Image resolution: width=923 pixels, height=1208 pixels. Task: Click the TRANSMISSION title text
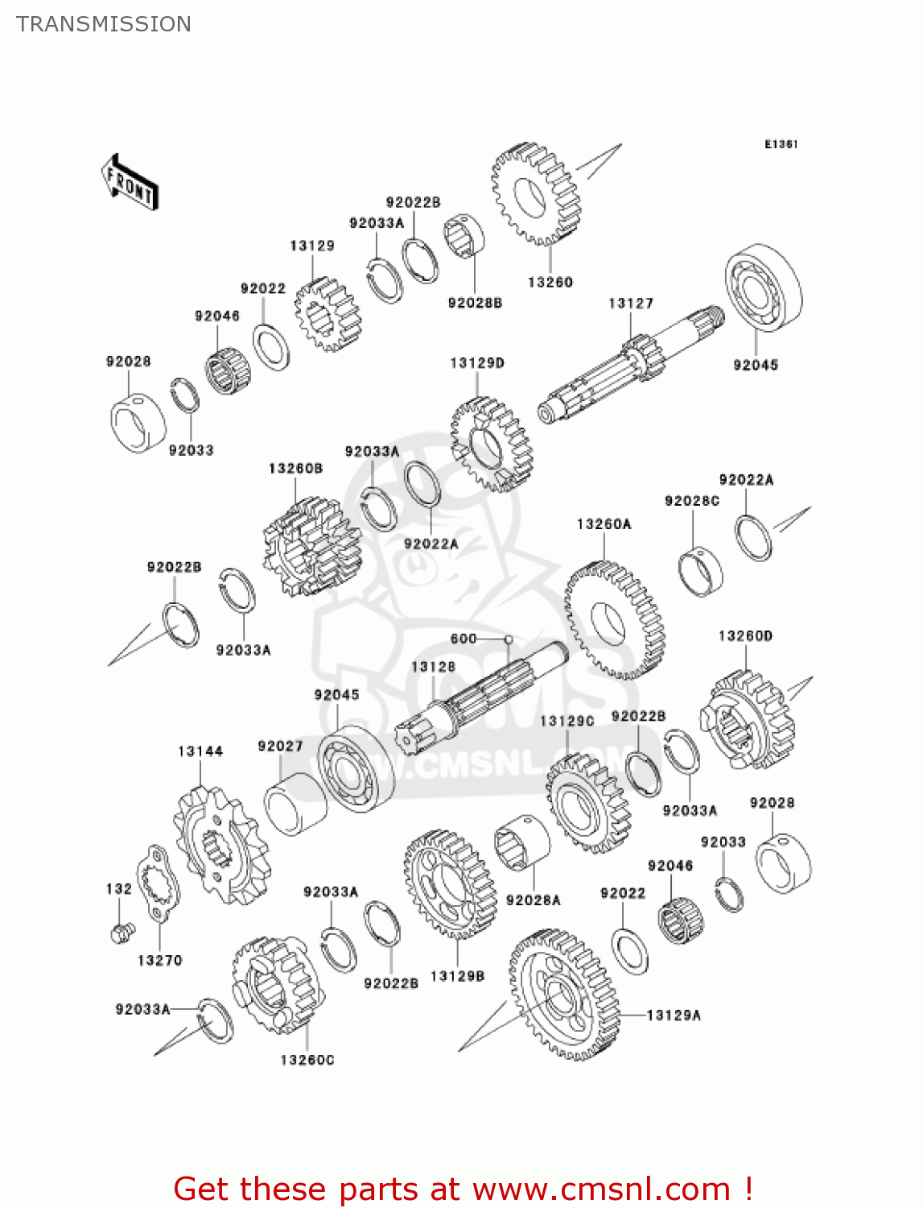point(104,24)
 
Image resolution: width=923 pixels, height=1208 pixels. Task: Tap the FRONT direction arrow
point(129,183)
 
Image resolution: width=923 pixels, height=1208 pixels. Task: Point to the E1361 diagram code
point(781,144)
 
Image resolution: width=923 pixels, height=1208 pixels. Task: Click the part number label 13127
point(631,304)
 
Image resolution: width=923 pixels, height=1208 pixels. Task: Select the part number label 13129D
point(477,363)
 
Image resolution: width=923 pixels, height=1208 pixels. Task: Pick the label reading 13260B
point(295,469)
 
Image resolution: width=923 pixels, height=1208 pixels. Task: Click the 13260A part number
point(604,524)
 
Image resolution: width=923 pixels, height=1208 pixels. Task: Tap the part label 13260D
point(745,636)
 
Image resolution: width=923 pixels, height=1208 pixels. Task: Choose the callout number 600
point(464,639)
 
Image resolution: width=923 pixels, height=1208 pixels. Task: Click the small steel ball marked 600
point(508,639)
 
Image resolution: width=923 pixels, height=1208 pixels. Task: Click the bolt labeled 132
point(121,933)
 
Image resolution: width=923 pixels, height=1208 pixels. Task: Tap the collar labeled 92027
point(295,802)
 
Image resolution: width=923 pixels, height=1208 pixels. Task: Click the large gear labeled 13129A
point(563,995)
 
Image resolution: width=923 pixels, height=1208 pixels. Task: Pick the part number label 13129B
point(457,976)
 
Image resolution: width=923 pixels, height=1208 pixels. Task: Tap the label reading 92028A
point(533,900)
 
